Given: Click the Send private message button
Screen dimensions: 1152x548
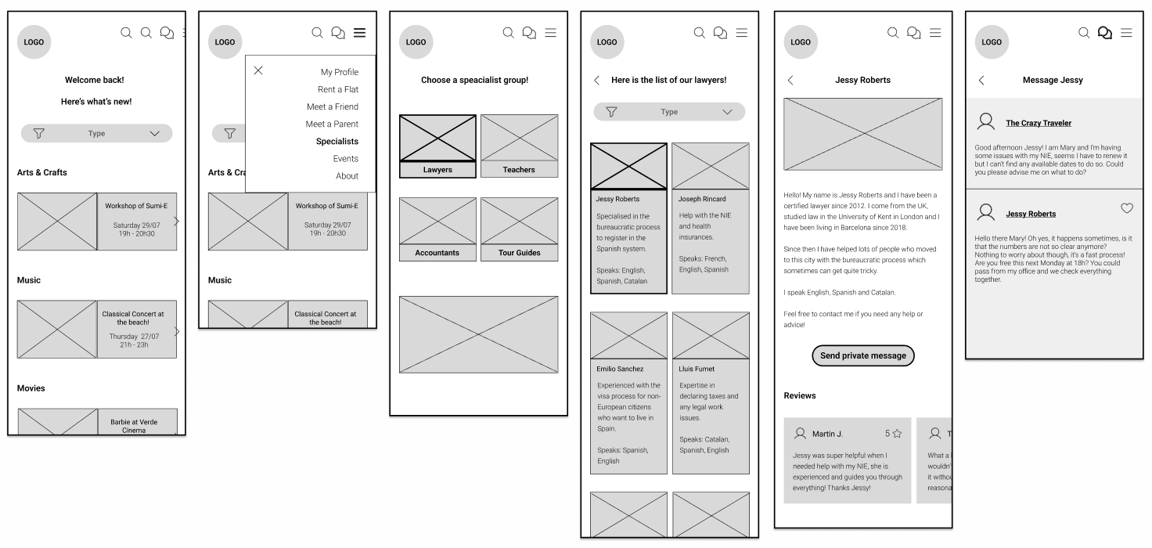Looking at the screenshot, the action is pos(862,355).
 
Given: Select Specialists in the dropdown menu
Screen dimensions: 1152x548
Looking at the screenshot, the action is pos(337,142).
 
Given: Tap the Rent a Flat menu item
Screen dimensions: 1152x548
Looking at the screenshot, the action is pos(337,89).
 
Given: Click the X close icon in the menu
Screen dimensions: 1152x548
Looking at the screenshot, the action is pos(258,70).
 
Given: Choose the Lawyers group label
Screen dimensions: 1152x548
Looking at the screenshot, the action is pos(437,170).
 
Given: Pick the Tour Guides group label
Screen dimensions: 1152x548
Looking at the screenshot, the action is pos(519,253).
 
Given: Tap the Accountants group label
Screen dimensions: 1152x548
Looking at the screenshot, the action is pos(437,253).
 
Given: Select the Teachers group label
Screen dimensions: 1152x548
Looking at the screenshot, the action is pos(519,170).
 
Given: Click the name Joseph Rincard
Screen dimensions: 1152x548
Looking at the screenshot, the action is pos(702,200).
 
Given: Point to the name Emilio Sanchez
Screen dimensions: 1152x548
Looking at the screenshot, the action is pos(620,369).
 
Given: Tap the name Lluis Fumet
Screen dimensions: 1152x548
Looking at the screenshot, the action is pos(697,369).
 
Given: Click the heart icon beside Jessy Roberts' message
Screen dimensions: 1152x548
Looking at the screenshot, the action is pos(1127,208).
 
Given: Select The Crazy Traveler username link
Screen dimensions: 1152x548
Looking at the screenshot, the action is pos(1039,123).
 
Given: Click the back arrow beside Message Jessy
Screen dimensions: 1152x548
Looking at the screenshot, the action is pos(981,80).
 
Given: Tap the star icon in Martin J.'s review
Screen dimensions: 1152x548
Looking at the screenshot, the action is pos(897,434).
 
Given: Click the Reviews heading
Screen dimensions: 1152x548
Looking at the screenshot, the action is pos(800,396).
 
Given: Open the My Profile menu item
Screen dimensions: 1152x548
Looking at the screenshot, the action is pos(339,72).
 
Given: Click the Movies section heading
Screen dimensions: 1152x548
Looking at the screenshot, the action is pos(31,388).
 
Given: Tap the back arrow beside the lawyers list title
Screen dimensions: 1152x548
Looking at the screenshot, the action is pos(597,80).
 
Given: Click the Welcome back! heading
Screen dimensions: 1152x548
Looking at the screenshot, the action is pos(94,80).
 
